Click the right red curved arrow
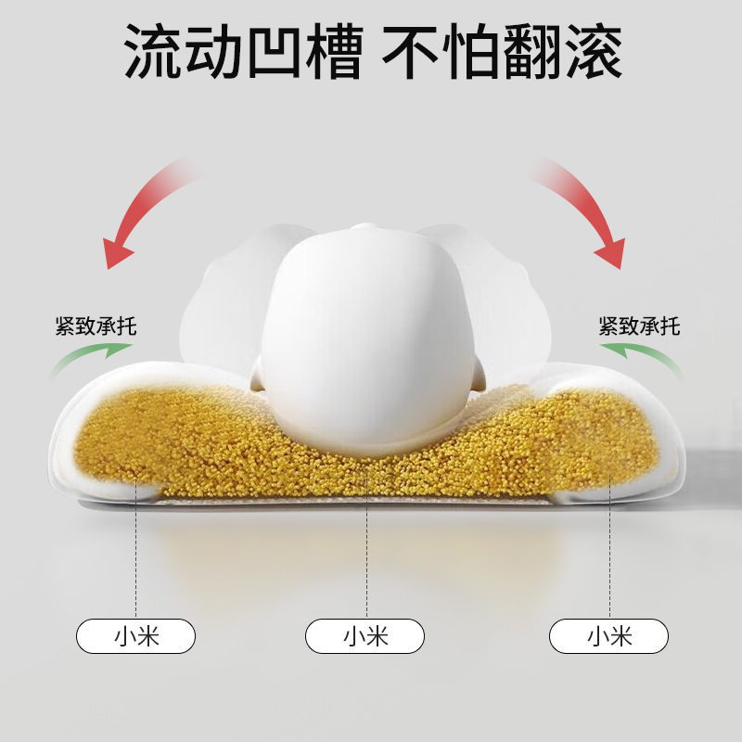point(584,208)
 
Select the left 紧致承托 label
point(96,326)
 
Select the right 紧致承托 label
point(639,326)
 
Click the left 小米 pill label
point(136,636)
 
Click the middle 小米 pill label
point(365,636)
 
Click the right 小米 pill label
point(608,636)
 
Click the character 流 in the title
point(154,51)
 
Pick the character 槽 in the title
point(331,51)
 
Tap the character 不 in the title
point(411,51)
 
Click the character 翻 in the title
point(531,51)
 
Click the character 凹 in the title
point(272,51)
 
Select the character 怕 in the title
point(471,51)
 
